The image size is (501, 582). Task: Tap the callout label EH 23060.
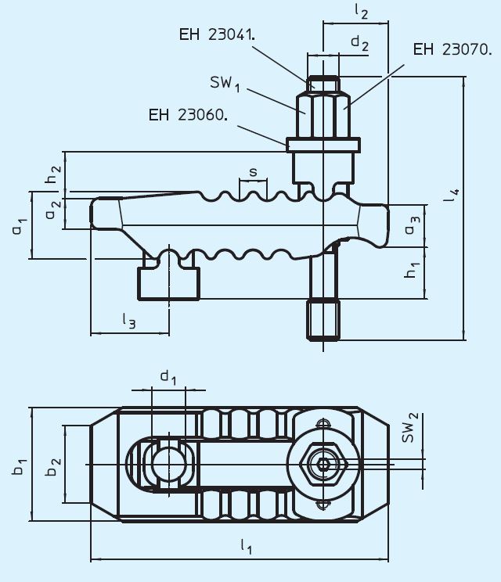tap(188, 115)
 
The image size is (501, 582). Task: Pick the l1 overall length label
tap(244, 548)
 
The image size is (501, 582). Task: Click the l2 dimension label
tap(361, 11)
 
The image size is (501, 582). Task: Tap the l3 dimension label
tap(129, 318)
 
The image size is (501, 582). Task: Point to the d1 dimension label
tap(168, 378)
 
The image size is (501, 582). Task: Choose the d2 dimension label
tap(359, 44)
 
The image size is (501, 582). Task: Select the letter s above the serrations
tap(253, 171)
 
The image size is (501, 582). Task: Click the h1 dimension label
tap(412, 271)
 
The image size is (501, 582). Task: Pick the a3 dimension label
tap(412, 226)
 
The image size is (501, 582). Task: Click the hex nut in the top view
tap(323, 464)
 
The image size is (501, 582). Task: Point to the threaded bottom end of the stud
tap(323, 320)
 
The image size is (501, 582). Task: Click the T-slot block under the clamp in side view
tap(168, 282)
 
